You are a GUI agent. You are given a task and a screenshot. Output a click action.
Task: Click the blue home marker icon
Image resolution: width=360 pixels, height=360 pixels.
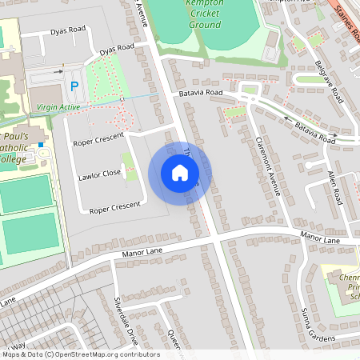click(180, 172)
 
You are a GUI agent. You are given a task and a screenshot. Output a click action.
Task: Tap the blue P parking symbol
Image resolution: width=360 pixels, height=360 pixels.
click(74, 86)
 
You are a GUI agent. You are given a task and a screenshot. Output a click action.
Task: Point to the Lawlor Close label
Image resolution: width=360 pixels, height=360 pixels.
click(99, 174)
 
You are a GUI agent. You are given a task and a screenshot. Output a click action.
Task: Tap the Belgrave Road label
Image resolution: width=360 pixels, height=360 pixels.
click(329, 82)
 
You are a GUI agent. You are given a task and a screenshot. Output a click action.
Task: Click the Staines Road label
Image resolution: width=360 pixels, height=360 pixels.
click(345, 14)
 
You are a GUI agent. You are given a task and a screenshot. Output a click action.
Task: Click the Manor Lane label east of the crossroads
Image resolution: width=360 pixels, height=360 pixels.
click(320, 238)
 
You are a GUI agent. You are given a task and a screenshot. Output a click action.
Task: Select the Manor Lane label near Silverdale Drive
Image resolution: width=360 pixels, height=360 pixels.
click(142, 253)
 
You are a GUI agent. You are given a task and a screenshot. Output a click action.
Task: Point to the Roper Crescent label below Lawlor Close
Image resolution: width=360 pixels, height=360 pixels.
click(115, 208)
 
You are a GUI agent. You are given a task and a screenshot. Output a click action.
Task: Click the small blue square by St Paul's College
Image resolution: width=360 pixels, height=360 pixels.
click(41, 146)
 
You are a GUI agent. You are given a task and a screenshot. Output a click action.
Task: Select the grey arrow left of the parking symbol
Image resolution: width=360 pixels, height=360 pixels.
click(58, 71)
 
